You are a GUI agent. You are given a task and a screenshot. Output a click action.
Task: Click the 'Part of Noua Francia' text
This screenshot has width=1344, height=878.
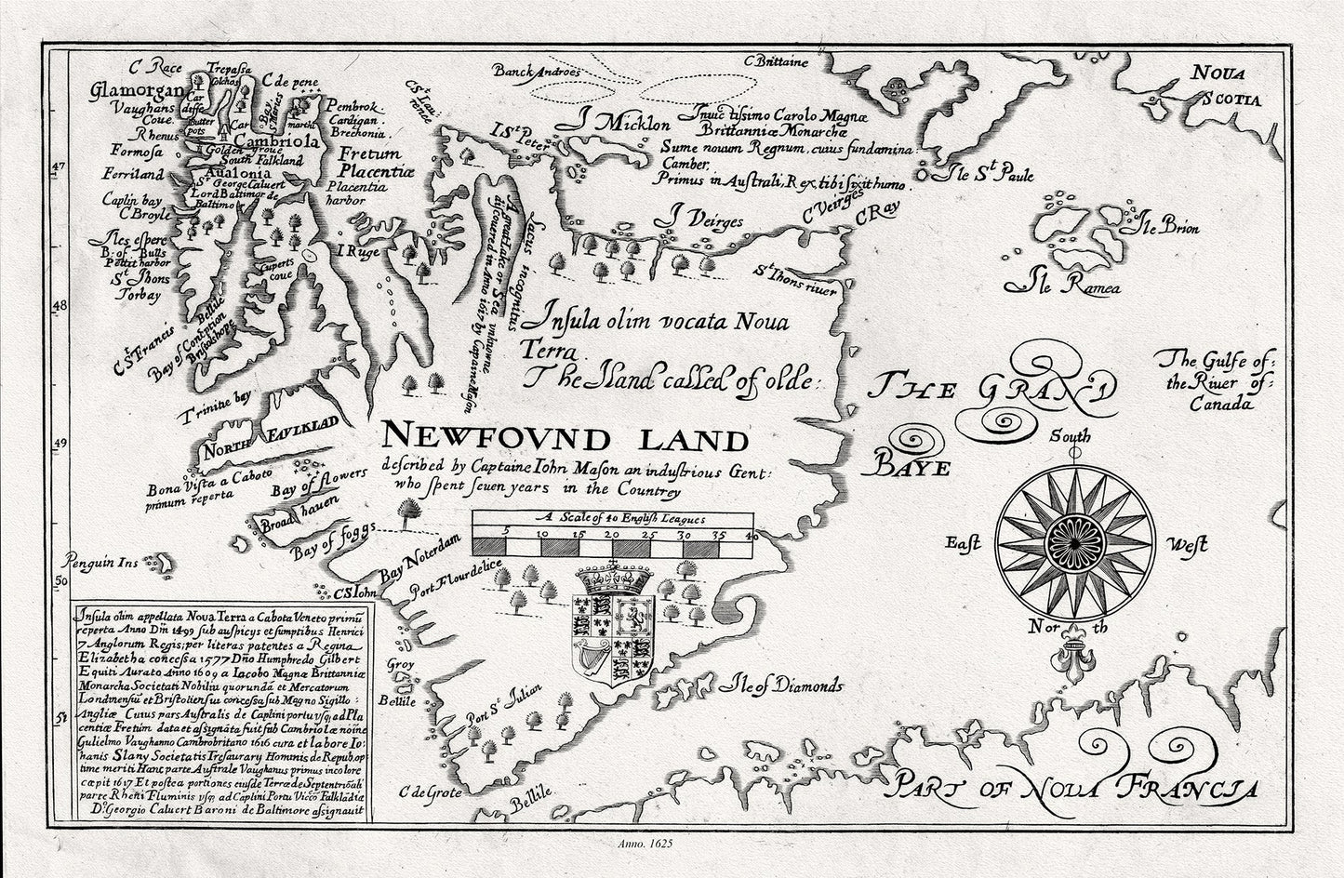point(1070,786)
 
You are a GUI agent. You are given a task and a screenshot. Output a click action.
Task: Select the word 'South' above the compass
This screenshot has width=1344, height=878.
point(1071,435)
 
